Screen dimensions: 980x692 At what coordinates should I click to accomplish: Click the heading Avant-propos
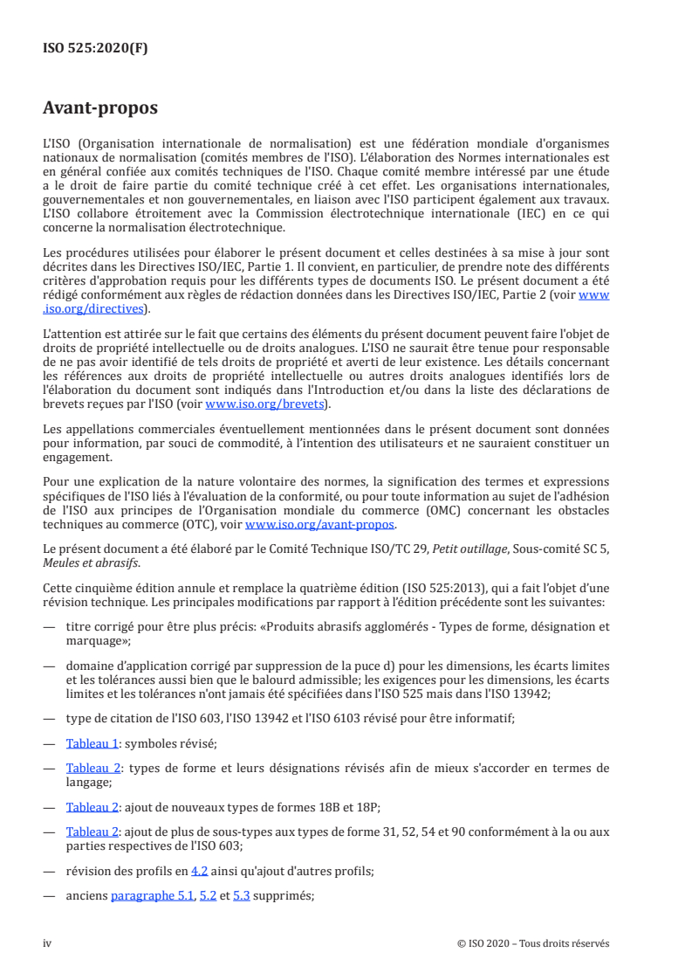100,109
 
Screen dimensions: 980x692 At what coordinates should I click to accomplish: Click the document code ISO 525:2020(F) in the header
96,48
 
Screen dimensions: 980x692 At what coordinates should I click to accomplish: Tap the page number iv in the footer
47,943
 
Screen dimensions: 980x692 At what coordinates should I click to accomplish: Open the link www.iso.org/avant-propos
320,525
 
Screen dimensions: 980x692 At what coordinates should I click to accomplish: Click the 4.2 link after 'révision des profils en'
200,870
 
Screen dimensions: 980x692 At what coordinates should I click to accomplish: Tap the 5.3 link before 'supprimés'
242,895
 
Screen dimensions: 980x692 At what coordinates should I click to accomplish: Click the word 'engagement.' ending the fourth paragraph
77,456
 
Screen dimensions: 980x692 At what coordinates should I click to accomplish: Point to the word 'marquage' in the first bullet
97,639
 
